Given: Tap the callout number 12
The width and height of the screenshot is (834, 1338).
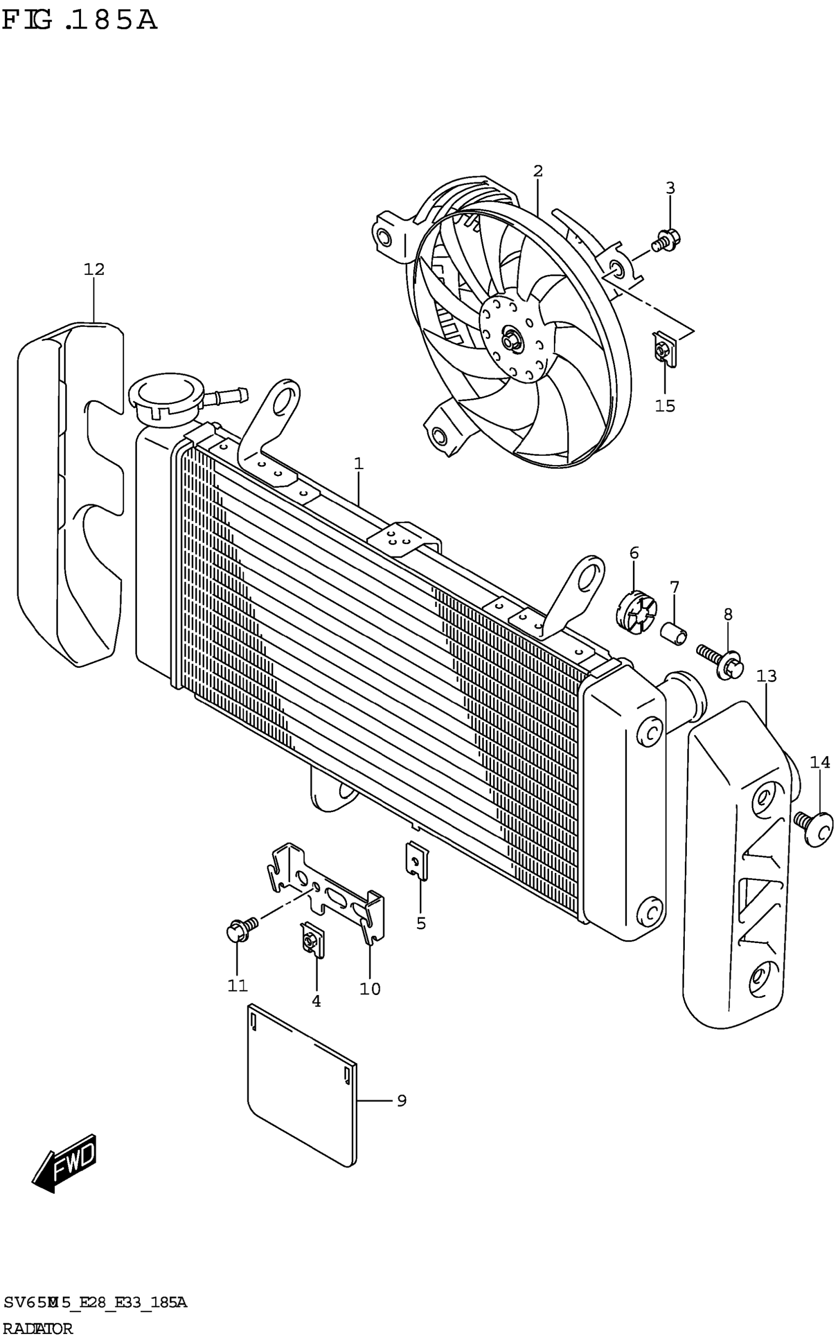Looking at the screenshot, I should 94,269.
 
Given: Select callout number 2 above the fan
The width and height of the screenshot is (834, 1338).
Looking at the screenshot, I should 538,171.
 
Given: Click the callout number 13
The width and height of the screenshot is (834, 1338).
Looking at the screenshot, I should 767,676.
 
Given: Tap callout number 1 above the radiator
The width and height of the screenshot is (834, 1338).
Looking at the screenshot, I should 359,464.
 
